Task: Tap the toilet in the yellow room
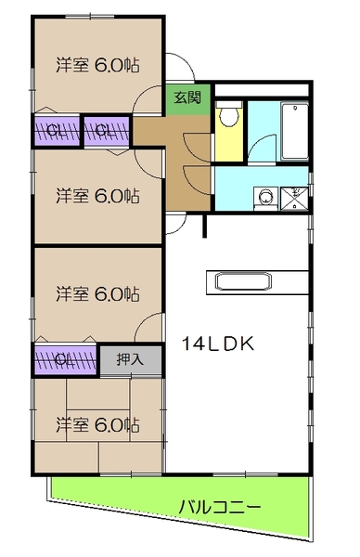(225, 118)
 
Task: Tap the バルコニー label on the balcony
(219, 507)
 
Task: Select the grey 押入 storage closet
(129, 357)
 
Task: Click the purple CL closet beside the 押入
(65, 358)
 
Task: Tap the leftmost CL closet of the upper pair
(56, 130)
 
